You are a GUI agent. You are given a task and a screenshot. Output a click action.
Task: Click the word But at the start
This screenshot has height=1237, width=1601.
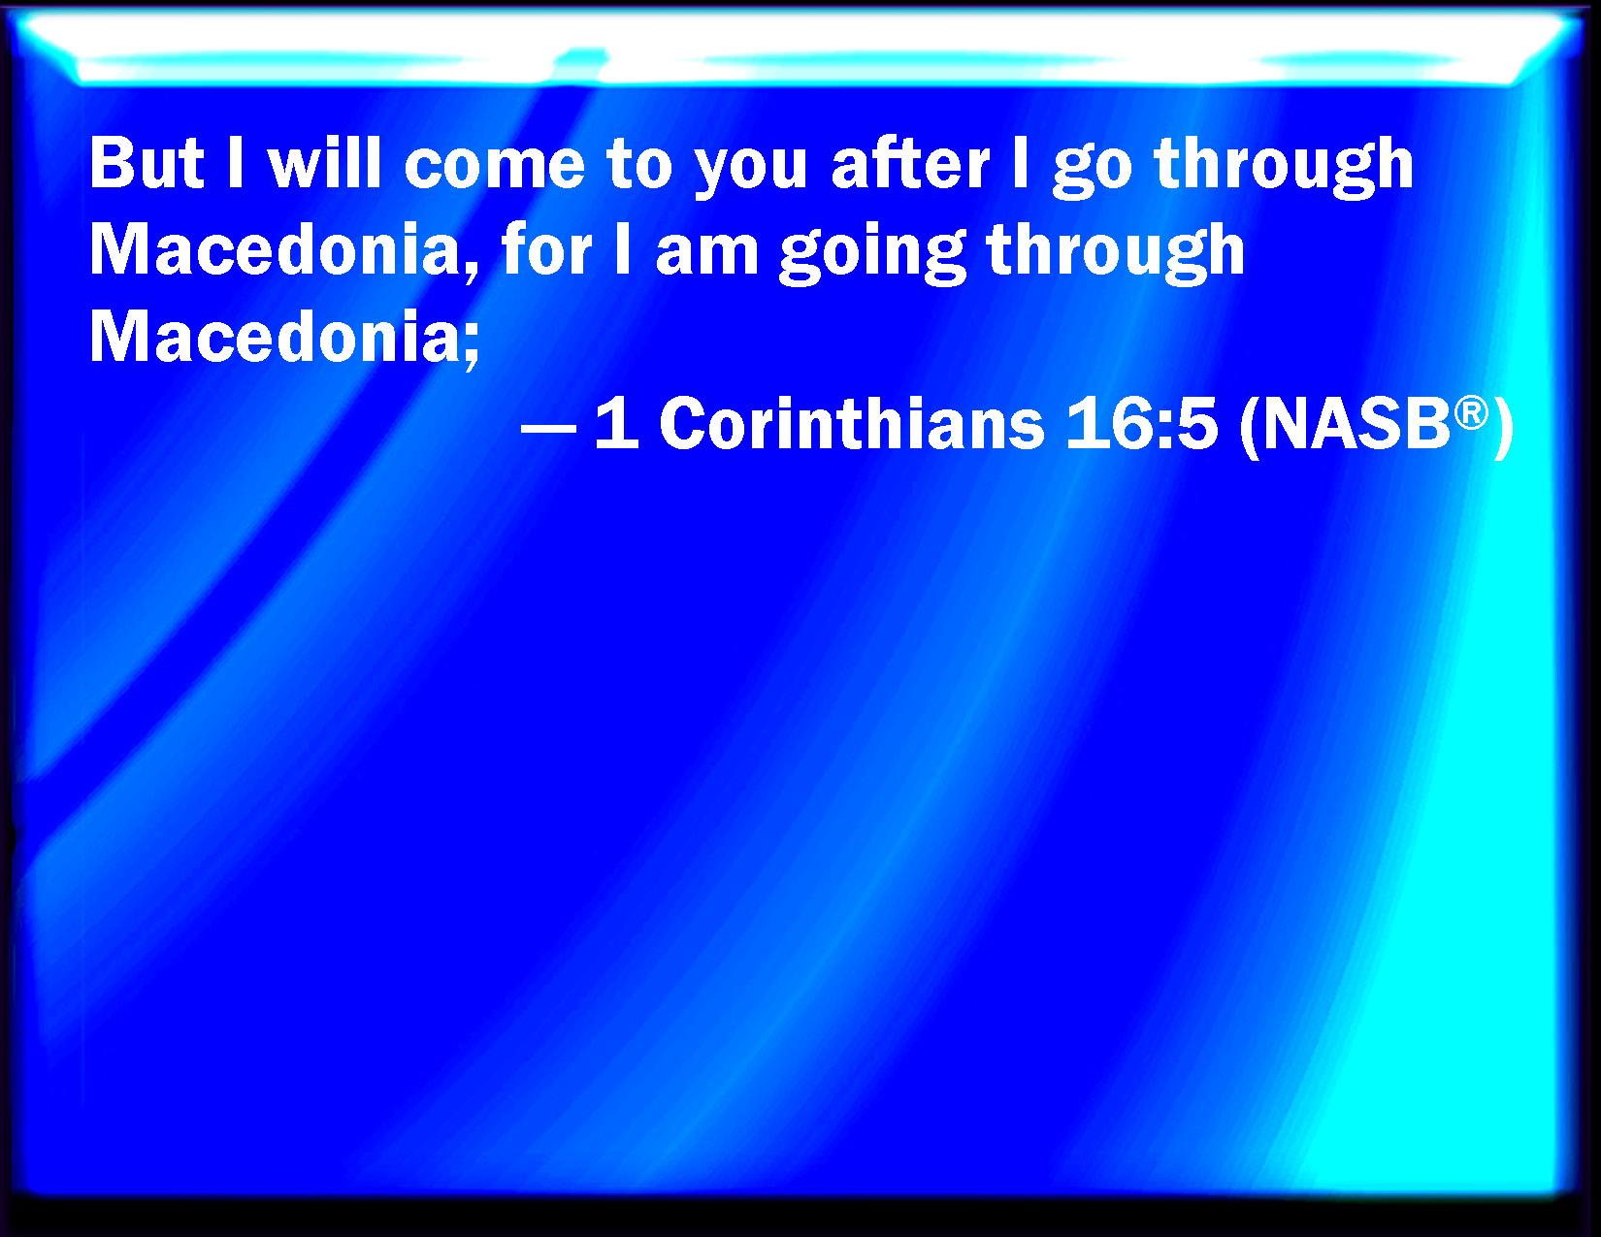point(147,163)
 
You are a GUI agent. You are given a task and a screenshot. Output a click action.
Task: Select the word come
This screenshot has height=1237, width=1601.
point(495,168)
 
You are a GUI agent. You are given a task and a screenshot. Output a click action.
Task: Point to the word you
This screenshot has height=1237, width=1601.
point(752,173)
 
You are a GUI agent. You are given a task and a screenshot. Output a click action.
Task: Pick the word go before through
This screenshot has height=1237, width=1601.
point(1092,173)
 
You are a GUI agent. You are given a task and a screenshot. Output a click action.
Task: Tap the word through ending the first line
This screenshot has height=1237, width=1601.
point(1284,167)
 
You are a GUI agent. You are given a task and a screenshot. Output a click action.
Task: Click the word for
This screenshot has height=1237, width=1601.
point(546,249)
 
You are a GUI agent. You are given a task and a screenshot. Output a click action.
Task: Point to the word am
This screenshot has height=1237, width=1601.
point(706,255)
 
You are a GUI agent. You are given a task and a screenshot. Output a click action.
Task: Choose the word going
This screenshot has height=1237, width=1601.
point(872,253)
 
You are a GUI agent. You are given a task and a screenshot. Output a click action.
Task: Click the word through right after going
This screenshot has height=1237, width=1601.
point(1116,253)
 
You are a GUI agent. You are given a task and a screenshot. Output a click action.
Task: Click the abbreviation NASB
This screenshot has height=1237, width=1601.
point(1356,423)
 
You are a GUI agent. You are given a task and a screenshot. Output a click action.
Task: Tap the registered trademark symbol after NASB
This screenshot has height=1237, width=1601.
point(1471,412)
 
